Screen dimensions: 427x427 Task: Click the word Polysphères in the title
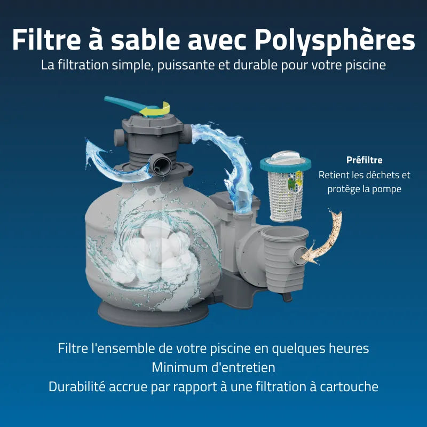click(335, 41)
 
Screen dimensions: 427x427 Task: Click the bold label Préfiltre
click(365, 160)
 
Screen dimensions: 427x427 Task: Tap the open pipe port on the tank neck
click(162, 165)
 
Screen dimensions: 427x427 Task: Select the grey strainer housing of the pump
click(285, 259)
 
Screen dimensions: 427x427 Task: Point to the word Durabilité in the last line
click(77, 386)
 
